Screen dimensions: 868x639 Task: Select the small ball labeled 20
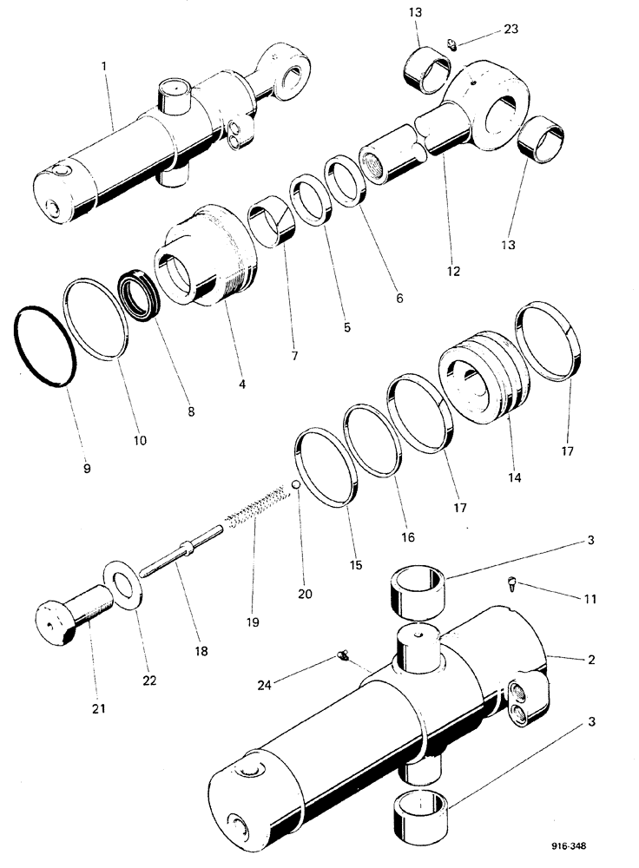pos(297,484)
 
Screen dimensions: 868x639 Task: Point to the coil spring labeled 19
pos(256,508)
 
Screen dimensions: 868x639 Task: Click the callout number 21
pos(98,709)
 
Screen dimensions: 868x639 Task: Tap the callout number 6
pos(399,298)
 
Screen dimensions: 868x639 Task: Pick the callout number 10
pos(139,440)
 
